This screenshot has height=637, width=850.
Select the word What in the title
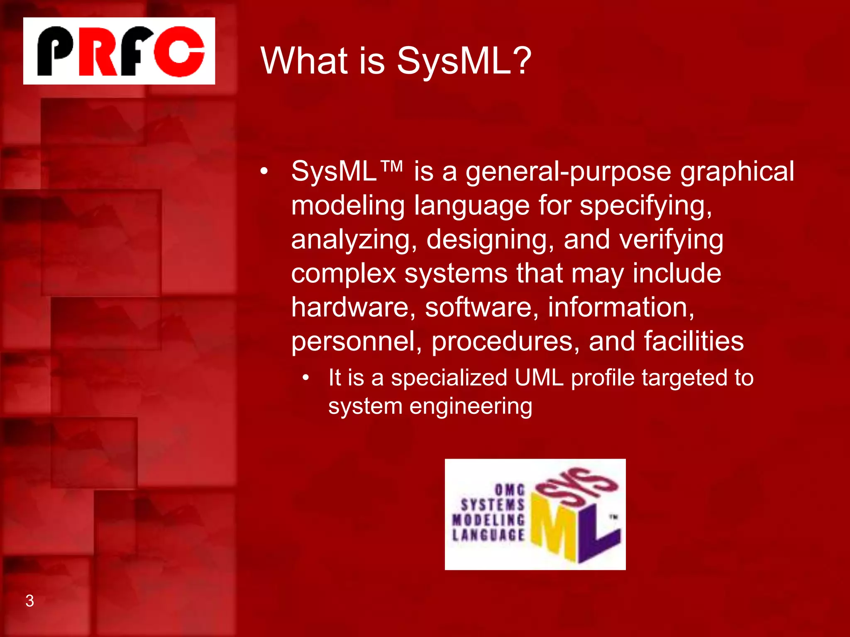pyautogui.click(x=304, y=61)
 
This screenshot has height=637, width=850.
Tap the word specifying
pyautogui.click(x=645, y=206)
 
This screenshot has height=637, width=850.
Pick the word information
pyautogui.click(x=621, y=308)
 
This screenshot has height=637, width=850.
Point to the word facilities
pyautogui.click(x=694, y=342)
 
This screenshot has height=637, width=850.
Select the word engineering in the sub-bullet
pyautogui.click(x=471, y=406)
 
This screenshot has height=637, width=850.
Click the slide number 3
pyautogui.click(x=30, y=601)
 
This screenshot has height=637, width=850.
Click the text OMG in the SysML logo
pyautogui.click(x=510, y=490)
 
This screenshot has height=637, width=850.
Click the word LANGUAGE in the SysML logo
pyautogui.click(x=489, y=535)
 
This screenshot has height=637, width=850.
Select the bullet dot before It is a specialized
pyautogui.click(x=306, y=378)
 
